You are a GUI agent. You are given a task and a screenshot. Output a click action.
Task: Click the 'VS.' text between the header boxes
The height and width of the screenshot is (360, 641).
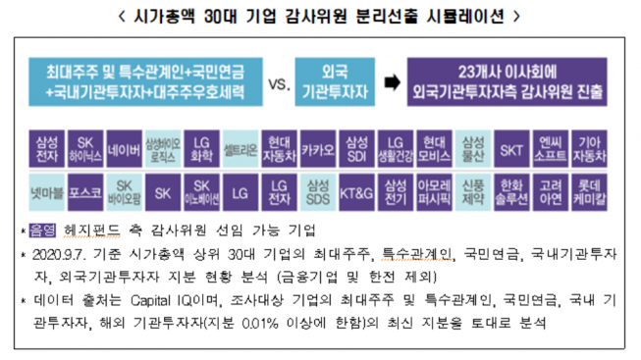pyautogui.click(x=280, y=83)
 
